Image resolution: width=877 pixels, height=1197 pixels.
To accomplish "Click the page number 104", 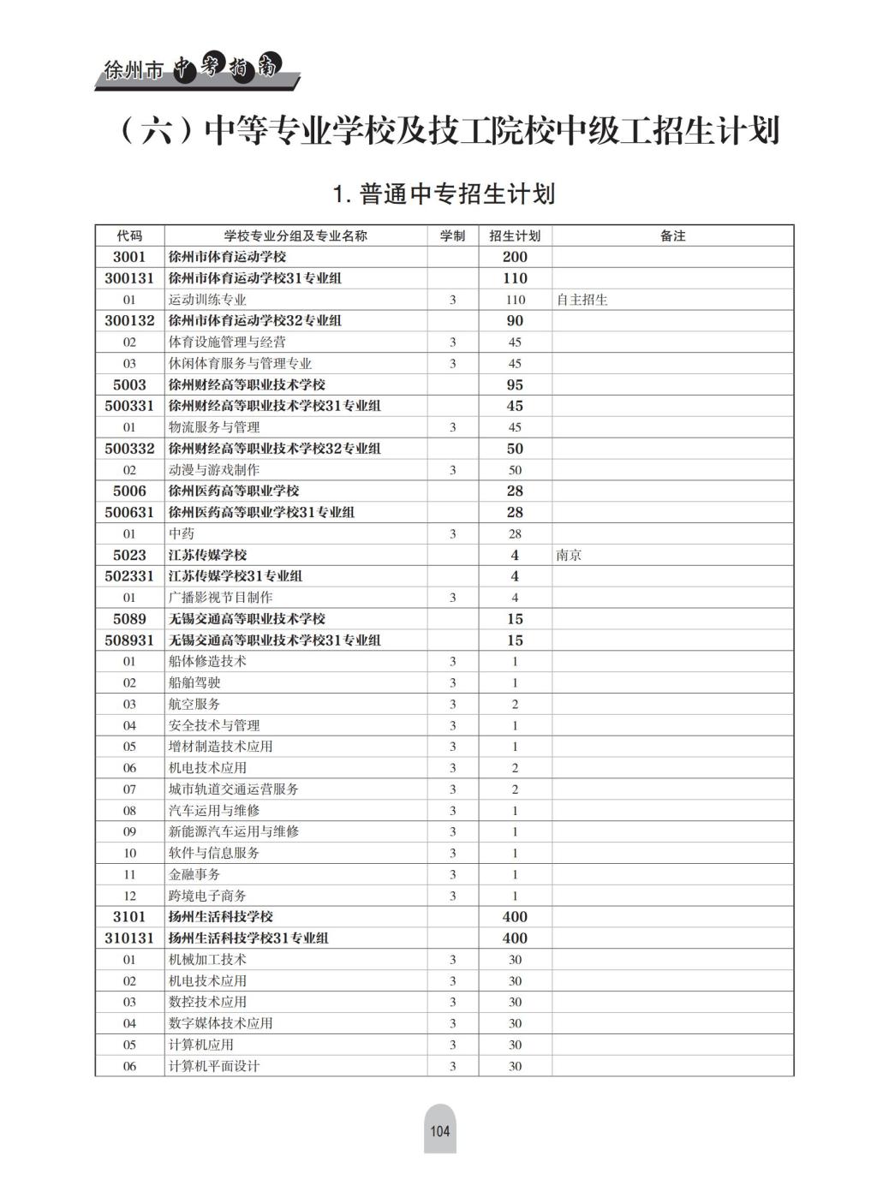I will click(x=439, y=1130).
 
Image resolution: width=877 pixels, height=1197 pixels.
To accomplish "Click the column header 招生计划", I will click(x=515, y=235).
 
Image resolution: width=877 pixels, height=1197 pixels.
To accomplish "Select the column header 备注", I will click(x=672, y=235).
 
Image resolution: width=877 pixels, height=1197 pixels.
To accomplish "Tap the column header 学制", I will click(x=452, y=235).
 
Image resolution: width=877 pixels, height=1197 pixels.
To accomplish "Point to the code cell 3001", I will click(x=129, y=257).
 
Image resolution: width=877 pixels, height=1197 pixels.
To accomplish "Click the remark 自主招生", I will click(x=582, y=300).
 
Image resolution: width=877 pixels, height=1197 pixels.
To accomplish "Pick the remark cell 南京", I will click(x=569, y=555).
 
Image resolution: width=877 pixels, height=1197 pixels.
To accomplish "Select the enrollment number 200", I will click(x=515, y=257).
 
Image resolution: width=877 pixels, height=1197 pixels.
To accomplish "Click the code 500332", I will click(x=129, y=449).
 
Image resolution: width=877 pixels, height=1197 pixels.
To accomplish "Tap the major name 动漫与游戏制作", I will click(x=214, y=470).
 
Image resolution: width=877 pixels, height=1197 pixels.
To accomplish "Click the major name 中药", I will click(x=182, y=533).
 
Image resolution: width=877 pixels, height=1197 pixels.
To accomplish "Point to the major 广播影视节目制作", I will click(x=221, y=598).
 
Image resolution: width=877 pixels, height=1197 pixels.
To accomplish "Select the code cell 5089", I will click(x=129, y=619).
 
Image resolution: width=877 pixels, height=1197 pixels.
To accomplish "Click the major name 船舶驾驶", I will click(x=194, y=682).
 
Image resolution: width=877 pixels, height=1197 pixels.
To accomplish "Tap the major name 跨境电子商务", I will click(x=207, y=896).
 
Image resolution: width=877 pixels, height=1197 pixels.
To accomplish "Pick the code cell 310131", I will click(x=129, y=938).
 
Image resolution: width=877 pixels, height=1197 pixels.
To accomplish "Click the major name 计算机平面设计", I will click(x=214, y=1066).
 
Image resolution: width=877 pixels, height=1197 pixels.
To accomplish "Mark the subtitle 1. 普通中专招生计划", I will click(x=444, y=194).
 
